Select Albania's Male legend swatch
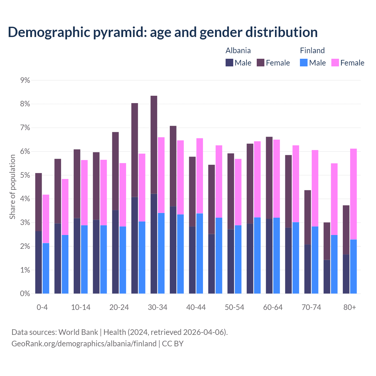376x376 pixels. pos(229,63)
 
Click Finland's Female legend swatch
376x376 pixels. pos(335,63)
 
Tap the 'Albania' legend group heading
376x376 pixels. pos(238,51)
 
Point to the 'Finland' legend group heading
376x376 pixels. pos(312,51)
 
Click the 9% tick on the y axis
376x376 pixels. pos(25,80)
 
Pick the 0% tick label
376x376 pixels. pos(25,293)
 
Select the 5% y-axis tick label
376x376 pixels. pos(25,175)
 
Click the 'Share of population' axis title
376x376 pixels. pos(12,187)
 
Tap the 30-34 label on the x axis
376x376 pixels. pos(157,307)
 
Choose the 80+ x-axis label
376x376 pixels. pos(350,307)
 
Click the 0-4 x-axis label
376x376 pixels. pos(42,307)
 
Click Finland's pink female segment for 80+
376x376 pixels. pos(353,194)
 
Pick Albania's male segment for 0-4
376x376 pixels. pos(38,262)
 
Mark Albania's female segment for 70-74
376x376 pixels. pos(308,217)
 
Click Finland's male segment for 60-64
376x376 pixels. pos(276,256)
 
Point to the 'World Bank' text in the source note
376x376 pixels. pos(78,332)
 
